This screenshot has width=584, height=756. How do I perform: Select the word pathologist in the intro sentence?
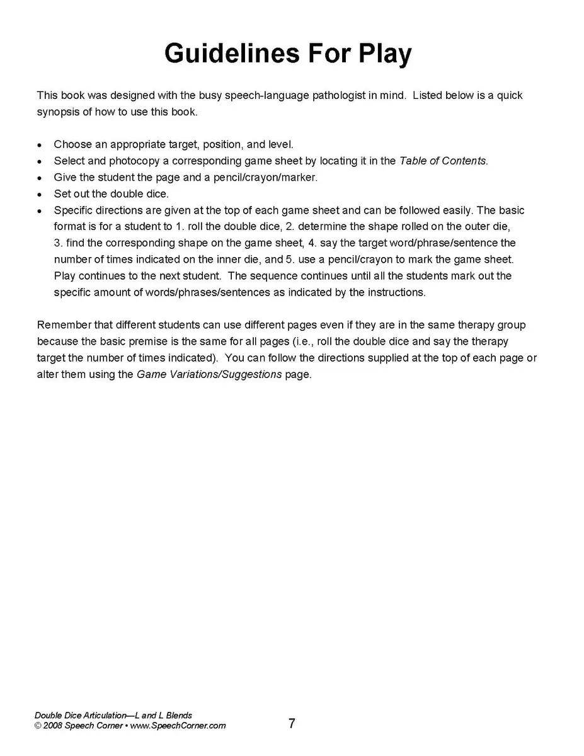[315, 95]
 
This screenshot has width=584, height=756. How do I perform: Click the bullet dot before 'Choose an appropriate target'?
[40, 145]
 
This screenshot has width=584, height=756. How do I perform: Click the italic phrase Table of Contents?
[443, 161]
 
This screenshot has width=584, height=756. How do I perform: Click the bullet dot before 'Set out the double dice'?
[40, 194]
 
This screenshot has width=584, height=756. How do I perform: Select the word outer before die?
[474, 226]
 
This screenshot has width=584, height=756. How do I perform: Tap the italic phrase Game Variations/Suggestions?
[209, 374]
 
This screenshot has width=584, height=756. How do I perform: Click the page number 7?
[292, 723]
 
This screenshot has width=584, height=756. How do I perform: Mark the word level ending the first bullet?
[280, 144]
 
